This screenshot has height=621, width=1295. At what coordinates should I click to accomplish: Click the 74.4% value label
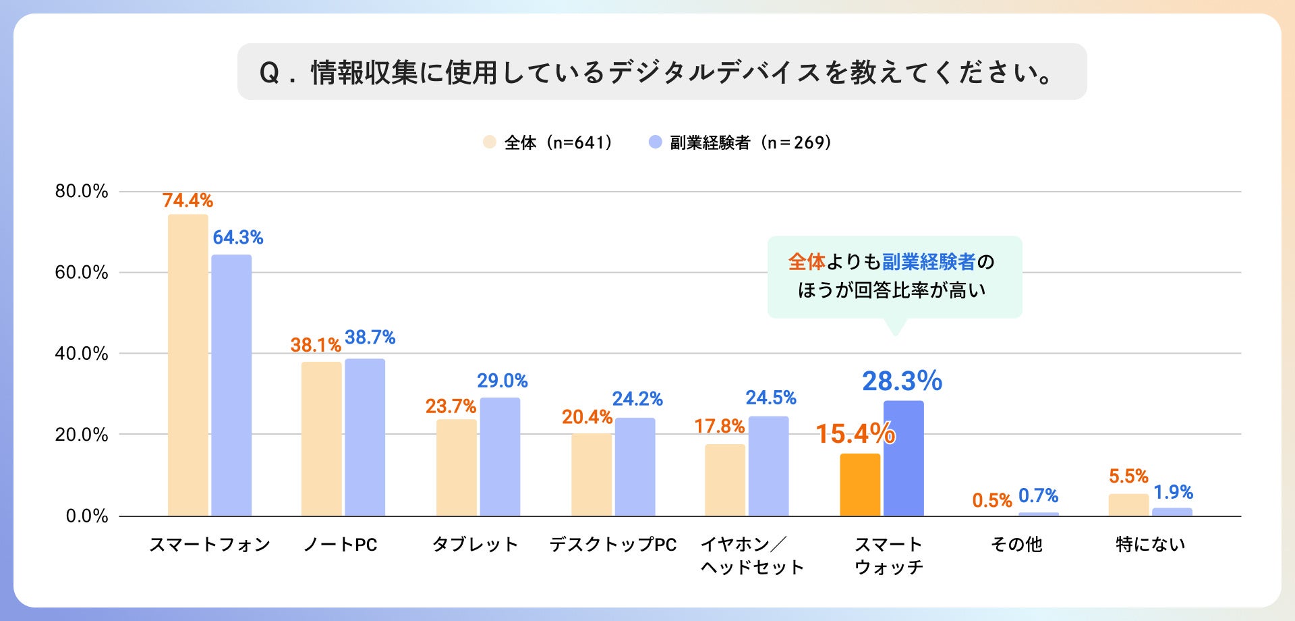[188, 200]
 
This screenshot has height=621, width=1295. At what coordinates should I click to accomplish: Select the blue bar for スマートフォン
[231, 385]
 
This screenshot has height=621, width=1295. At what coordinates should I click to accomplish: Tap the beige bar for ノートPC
[321, 439]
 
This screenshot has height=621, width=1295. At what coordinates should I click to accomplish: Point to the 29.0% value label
[502, 381]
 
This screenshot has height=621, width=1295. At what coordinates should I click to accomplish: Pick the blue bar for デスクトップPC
[635, 467]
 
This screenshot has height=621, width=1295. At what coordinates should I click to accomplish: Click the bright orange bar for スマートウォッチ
[860, 485]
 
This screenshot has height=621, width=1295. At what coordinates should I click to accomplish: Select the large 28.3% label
[902, 381]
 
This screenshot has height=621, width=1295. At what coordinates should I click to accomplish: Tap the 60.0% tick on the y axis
[82, 272]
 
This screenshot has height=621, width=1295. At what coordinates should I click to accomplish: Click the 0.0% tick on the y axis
[86, 516]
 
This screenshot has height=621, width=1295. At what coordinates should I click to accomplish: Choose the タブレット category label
[475, 544]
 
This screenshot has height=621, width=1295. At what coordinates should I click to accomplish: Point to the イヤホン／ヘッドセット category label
[751, 556]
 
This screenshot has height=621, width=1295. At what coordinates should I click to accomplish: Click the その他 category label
[1016, 544]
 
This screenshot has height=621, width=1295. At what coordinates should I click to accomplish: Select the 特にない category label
[1150, 544]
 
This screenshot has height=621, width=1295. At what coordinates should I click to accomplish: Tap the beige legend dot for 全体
[490, 142]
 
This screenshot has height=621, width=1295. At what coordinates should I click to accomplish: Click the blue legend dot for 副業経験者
[655, 142]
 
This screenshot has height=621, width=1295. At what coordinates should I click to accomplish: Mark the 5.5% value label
[1128, 476]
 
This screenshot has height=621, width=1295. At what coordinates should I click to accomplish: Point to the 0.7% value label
[1038, 496]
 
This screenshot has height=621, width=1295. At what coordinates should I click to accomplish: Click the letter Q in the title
[269, 73]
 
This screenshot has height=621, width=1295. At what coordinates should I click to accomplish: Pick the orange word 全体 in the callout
[807, 262]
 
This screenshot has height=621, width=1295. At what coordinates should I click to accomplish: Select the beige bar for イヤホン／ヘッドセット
[725, 480]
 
